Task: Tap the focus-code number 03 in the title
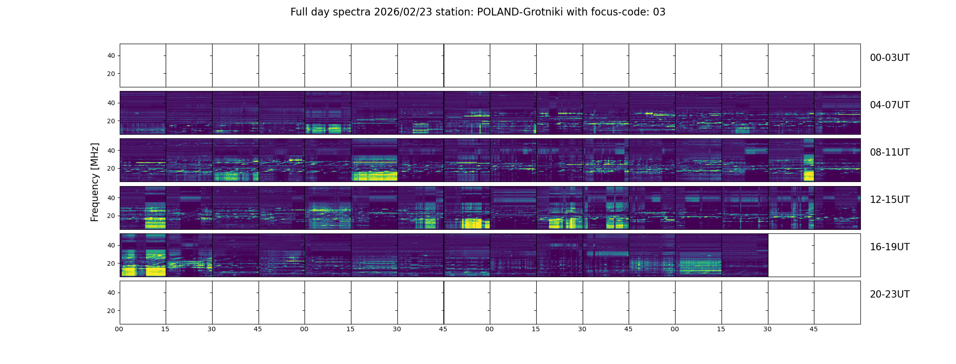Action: pos(659,12)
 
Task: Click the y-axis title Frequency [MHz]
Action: pos(95,182)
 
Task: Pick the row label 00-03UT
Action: pos(890,58)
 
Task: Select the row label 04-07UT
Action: pos(890,105)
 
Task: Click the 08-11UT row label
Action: pos(890,152)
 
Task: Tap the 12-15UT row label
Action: pos(890,200)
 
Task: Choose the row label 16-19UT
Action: pos(890,247)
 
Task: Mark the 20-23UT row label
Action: pos(890,294)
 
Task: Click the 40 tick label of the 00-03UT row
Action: pos(111,56)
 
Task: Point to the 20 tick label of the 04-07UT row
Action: pos(111,121)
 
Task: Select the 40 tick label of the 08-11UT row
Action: pos(111,151)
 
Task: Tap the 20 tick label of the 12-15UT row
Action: pos(111,216)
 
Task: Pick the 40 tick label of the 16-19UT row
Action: pos(111,245)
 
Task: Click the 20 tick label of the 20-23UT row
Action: pos(111,311)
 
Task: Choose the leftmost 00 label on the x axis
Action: pos(119,329)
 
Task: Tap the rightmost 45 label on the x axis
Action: pos(814,329)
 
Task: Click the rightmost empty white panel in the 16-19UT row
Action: pos(837,255)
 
